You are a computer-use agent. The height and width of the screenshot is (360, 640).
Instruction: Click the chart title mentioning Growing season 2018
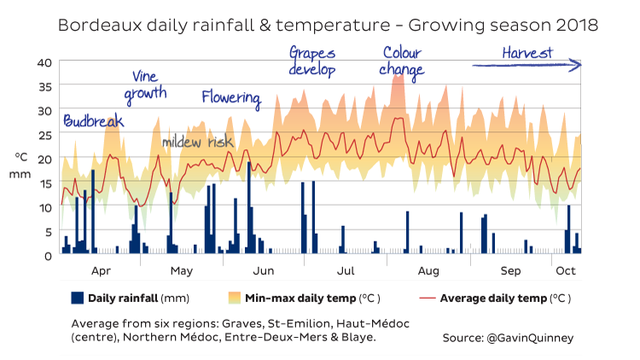[x=328, y=26]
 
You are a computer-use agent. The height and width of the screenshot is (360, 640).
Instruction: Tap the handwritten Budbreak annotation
[x=93, y=122]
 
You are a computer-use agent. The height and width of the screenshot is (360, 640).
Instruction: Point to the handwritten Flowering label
[x=230, y=97]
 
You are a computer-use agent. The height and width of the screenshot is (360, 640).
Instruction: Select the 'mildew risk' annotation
[x=197, y=142]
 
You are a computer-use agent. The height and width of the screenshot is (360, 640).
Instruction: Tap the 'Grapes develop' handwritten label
[x=312, y=61]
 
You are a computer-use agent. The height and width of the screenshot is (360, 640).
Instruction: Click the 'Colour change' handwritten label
[x=401, y=61]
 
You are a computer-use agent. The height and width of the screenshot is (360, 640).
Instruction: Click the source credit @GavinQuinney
[x=508, y=338]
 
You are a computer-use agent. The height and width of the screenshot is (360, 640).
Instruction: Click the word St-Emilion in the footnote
[x=297, y=323]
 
